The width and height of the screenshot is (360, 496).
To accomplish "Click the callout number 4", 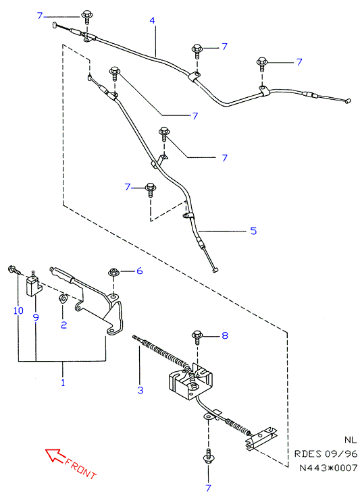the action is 152,21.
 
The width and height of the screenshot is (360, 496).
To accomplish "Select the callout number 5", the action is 253,231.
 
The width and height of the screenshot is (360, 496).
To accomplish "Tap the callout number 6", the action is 139,271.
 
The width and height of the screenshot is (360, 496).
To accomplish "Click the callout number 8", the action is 225,335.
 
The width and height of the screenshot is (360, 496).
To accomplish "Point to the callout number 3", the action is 140,390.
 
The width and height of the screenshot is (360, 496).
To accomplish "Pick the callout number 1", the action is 63,383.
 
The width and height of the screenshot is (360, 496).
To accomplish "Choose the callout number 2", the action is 63,325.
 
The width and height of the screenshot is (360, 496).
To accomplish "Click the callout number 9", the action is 36,317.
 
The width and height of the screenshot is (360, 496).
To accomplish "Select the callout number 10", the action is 18,310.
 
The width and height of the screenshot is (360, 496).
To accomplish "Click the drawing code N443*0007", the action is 328,468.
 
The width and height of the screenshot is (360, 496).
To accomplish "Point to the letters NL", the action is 351,440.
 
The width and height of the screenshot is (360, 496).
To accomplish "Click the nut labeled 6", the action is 113,272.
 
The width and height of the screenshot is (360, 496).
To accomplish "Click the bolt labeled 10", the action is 14,270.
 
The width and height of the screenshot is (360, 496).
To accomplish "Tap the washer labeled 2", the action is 62,298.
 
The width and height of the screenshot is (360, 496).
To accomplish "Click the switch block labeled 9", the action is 34,285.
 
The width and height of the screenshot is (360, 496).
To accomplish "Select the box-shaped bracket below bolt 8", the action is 190,381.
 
